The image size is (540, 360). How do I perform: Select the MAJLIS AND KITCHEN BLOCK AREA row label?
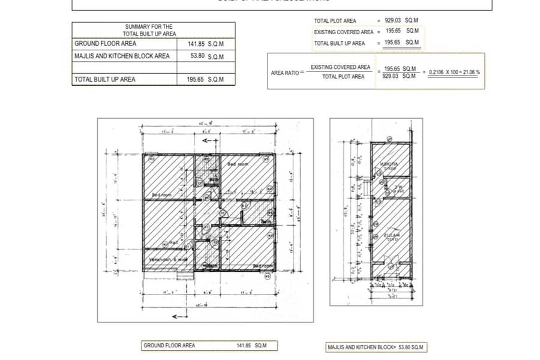coord(122,56)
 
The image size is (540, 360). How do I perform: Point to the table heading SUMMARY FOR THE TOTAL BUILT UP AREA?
coord(149,30)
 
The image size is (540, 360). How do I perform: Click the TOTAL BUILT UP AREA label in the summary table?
coord(104,79)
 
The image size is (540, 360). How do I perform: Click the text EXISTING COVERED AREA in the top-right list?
coord(343,32)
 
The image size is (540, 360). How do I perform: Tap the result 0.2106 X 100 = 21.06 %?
coord(455,72)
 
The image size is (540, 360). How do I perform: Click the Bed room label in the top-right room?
coord(238,164)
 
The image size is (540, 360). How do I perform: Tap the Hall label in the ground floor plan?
coord(174,243)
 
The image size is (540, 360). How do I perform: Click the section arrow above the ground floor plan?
coord(210,140)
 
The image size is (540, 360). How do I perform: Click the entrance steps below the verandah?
coord(185,275)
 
